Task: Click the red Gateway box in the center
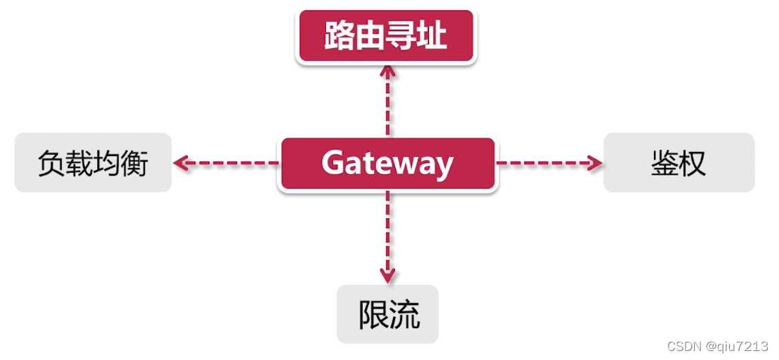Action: tap(387, 164)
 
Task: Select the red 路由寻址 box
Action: tap(386, 36)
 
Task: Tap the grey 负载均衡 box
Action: tap(93, 163)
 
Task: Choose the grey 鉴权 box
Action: tap(678, 163)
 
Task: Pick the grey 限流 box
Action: tap(388, 314)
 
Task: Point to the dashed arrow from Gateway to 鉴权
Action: tap(549, 164)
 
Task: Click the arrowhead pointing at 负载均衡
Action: tap(181, 164)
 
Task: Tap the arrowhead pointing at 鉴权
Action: tap(595, 164)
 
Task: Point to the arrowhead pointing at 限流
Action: tap(387, 274)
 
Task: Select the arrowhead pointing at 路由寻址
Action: tap(387, 70)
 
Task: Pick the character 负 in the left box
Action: tap(51, 164)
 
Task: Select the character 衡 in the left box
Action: tap(135, 164)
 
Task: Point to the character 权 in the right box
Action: tap(693, 164)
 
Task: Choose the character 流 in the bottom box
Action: tap(404, 314)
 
